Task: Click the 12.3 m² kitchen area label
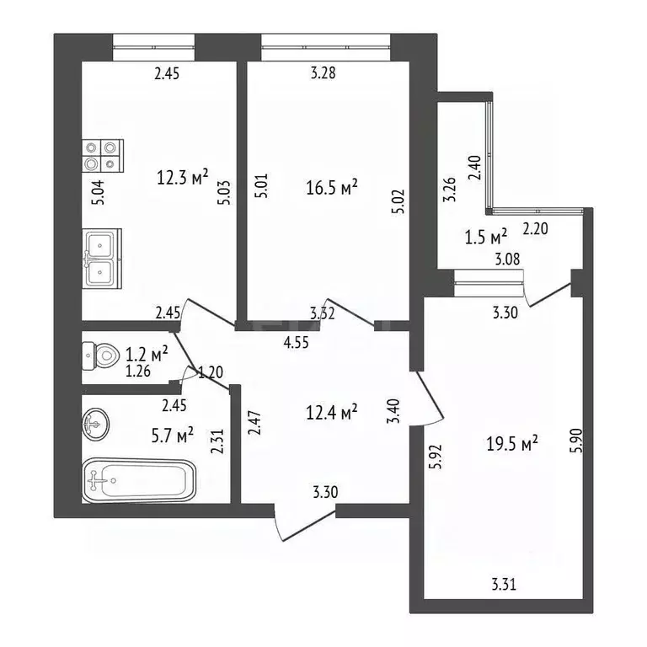[x=183, y=179]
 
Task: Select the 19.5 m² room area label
[x=513, y=444]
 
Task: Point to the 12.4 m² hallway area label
[x=332, y=412]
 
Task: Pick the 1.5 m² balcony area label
[x=487, y=235]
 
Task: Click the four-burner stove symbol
[x=102, y=156]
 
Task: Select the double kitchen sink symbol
[x=102, y=259]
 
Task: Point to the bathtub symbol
[x=139, y=481]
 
